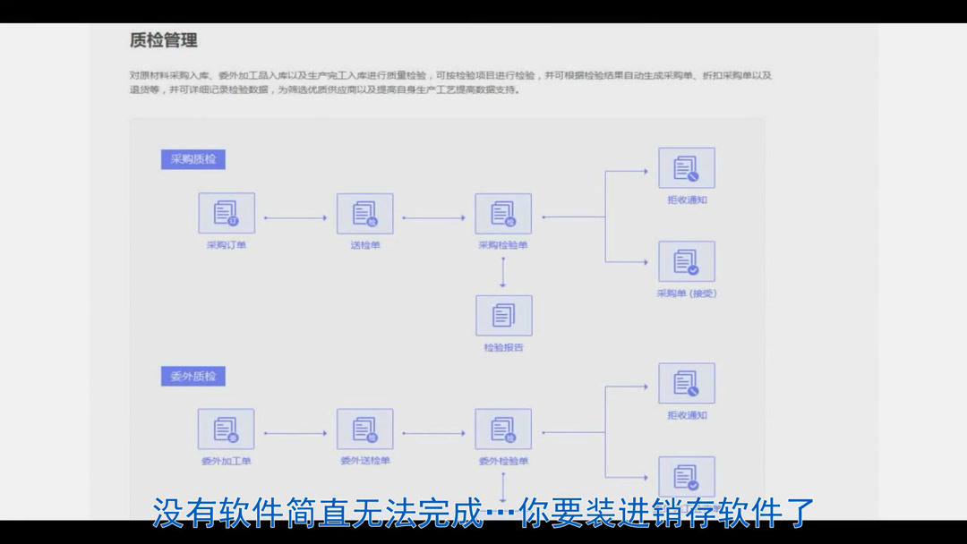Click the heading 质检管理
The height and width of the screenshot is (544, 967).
tap(163, 40)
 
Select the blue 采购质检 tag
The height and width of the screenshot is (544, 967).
tap(193, 159)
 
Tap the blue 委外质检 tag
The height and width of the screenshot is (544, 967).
tap(193, 376)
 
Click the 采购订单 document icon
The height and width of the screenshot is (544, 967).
tap(226, 213)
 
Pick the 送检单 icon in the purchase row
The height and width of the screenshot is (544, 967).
tap(364, 213)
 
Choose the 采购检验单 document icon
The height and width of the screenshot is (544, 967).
tap(503, 213)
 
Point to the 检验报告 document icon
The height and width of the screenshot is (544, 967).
tap(503, 315)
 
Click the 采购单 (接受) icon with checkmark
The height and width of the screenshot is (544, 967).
tap(687, 261)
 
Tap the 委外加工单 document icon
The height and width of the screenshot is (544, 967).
tap(226, 429)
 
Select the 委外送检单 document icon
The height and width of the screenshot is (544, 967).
tap(364, 429)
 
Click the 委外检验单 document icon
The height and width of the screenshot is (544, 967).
tap(503, 429)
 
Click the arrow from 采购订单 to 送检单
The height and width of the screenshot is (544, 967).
tap(295, 217)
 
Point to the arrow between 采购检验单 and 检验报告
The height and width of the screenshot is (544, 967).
tap(503, 272)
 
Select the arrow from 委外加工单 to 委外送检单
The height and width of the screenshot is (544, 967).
tap(295, 434)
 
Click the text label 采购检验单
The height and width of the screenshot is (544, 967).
tap(503, 245)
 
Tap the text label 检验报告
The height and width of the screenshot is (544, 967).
tap(503, 347)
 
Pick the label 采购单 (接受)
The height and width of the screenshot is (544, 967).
tap(687, 293)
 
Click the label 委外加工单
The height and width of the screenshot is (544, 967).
tap(226, 462)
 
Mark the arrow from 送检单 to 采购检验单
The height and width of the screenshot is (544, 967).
tap(434, 217)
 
